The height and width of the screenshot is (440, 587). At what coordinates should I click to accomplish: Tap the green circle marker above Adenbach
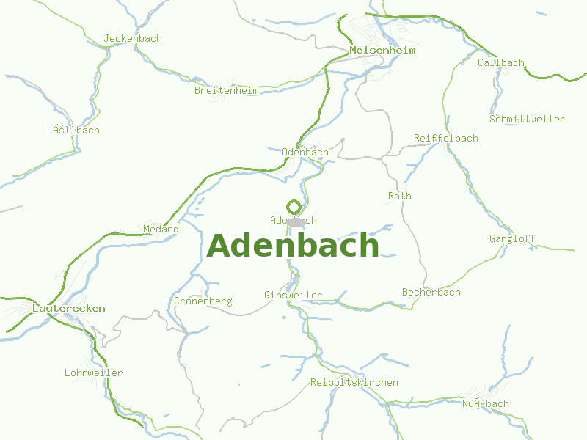pos(293,207)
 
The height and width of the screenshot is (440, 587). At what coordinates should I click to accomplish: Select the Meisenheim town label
pos(382,51)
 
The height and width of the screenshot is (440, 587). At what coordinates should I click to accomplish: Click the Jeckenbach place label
pos(133,38)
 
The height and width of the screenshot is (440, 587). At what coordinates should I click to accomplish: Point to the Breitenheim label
pos(226,91)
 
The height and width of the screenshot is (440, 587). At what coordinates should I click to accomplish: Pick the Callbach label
pos(501,62)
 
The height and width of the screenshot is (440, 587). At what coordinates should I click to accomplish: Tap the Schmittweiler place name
pos(527,119)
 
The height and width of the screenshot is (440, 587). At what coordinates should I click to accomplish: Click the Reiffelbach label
pos(445,138)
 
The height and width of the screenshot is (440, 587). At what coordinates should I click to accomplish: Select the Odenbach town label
pos(305,152)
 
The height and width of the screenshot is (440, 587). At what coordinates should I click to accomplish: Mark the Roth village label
pos(400,196)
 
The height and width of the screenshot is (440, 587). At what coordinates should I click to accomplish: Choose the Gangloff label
pos(512,238)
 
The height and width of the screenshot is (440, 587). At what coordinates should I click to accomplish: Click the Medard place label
pos(161,229)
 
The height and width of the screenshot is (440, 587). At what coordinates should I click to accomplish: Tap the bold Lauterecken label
pos(69,309)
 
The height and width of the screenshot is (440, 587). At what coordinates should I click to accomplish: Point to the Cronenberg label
pos(203,301)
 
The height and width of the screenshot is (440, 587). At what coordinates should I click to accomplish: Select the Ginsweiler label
pos(293,295)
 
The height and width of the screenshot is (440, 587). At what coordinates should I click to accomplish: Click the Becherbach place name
pos(431,292)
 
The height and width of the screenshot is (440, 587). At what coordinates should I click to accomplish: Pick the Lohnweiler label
pos(93,373)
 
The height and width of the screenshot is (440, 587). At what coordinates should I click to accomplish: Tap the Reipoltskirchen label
pos(354,382)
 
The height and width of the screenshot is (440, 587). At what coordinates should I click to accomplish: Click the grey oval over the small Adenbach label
pos(296,221)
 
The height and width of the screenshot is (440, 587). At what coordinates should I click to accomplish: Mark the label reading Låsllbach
pos(73,130)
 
